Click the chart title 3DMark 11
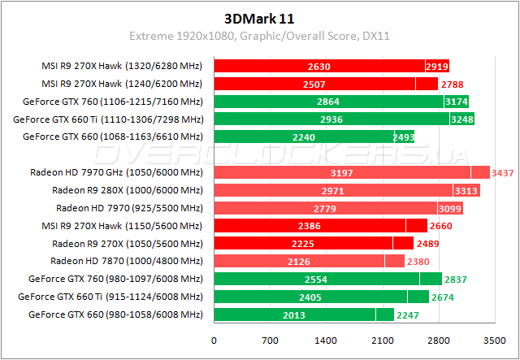click(x=259, y=17)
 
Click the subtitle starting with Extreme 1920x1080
click(x=259, y=36)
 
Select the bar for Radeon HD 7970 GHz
click(x=341, y=172)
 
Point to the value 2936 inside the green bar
click(x=331, y=119)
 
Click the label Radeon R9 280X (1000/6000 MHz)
click(x=127, y=190)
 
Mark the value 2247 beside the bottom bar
click(x=408, y=314)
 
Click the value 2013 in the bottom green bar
click(x=294, y=314)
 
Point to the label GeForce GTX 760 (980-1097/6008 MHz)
click(x=115, y=279)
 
